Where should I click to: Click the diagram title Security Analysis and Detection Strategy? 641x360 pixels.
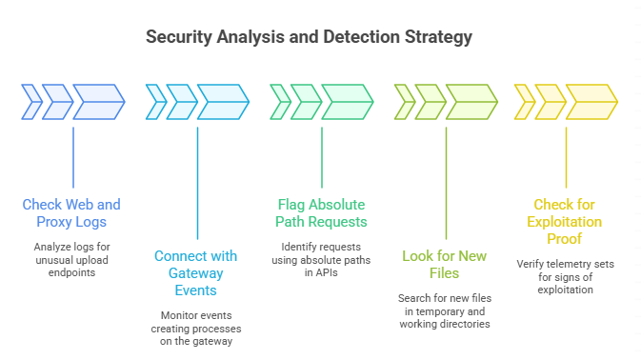pyautogui.click(x=309, y=38)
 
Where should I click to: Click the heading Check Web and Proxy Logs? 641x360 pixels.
pyautogui.click(x=72, y=212)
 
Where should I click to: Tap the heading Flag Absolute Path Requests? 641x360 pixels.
pyautogui.click(x=321, y=212)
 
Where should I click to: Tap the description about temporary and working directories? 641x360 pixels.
pyautogui.click(x=445, y=311)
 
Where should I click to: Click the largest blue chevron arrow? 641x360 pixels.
pyautogui.click(x=98, y=102)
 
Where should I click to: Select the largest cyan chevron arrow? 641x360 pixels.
pyautogui.click(x=222, y=102)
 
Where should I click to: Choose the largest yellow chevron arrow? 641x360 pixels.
pyautogui.click(x=591, y=102)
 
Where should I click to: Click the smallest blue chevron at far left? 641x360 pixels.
pyautogui.click(x=31, y=102)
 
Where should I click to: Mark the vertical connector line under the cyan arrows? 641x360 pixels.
pyautogui.click(x=197, y=181)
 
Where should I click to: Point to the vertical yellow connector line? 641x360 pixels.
pyautogui.click(x=566, y=157)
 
